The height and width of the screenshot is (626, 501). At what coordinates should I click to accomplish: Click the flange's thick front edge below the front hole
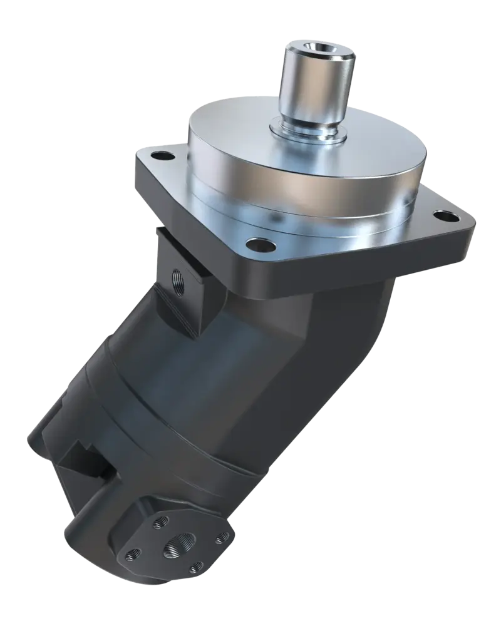pos(263,266)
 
